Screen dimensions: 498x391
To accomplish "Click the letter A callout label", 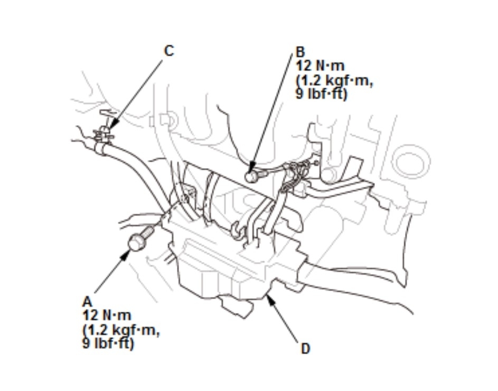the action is point(87,302).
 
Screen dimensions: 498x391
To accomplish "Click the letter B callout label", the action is point(300,52).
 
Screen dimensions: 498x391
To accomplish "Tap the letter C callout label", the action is point(169,51).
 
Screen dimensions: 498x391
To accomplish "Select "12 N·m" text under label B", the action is point(320,66).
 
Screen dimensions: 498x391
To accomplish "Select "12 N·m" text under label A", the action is point(107,315).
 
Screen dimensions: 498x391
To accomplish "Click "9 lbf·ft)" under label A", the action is point(108,343).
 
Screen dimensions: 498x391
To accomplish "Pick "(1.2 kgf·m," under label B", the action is point(334,81).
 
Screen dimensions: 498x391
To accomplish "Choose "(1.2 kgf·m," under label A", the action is point(121,329).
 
